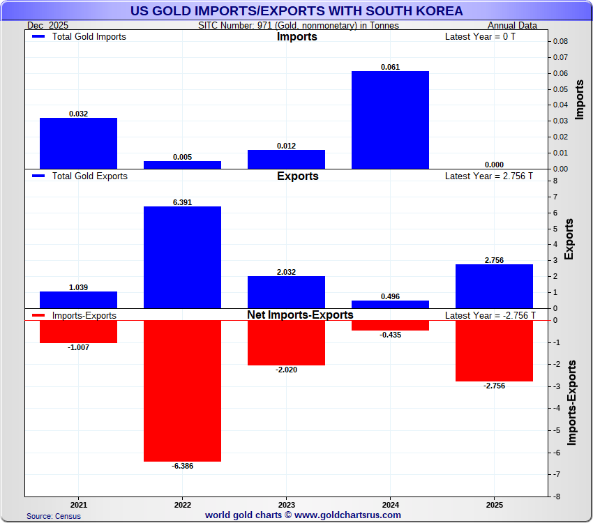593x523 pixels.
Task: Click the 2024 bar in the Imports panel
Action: tap(390, 120)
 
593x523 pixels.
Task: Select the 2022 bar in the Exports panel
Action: tap(182, 257)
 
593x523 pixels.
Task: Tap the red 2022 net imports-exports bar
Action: tap(182, 391)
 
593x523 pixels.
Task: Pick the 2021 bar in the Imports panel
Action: tap(78, 143)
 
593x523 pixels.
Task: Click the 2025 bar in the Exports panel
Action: tap(494, 286)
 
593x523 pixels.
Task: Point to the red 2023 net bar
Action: tap(286, 342)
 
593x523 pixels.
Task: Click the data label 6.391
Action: tap(182, 202)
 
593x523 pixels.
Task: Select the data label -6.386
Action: tap(182, 466)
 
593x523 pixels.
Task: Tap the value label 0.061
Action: tap(390, 67)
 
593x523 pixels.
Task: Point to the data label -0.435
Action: tap(390, 335)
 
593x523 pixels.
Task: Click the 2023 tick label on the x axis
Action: tap(286, 504)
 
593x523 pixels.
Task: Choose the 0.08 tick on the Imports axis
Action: tap(560, 42)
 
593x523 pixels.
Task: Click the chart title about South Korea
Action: tap(296, 11)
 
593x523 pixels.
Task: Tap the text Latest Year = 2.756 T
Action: tap(488, 176)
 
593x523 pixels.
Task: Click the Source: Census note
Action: tap(54, 516)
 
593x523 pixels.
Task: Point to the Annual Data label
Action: tap(512, 26)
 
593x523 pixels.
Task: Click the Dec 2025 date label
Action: tap(52, 26)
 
